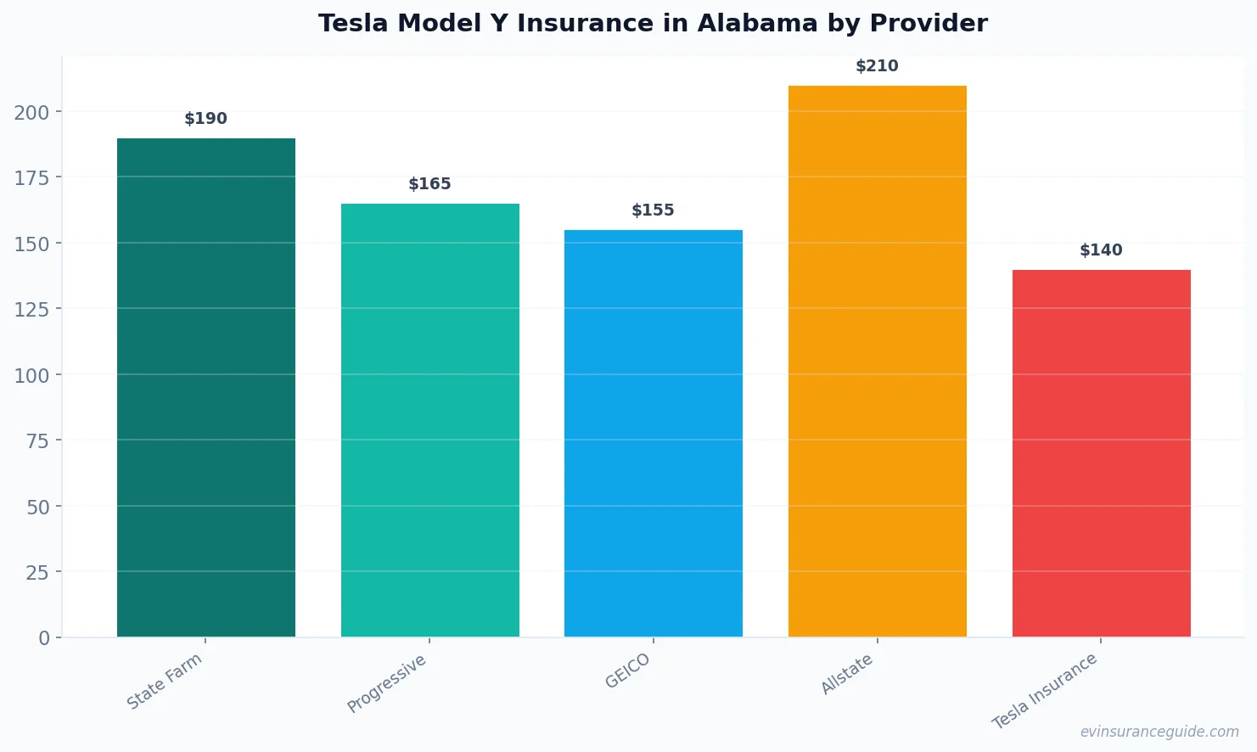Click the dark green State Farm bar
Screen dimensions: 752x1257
coord(206,387)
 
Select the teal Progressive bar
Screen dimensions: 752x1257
coord(430,420)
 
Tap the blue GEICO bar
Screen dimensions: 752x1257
coord(654,433)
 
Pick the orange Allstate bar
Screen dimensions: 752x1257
coord(878,361)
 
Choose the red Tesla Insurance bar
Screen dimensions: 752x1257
coord(1101,453)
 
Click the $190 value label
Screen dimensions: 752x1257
coord(206,119)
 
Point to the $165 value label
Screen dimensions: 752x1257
coord(430,184)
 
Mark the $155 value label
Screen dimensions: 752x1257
coord(654,210)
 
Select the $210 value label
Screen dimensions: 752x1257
coord(878,66)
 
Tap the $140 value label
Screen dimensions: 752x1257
coord(1101,250)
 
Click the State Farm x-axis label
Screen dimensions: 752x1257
coord(165,681)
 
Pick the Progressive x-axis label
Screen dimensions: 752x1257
coord(387,683)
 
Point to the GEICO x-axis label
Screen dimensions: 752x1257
coord(628,671)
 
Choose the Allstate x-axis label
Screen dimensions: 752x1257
coord(847,675)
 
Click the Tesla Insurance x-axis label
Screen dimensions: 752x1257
coord(1046,691)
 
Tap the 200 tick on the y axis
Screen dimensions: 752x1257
coord(31,112)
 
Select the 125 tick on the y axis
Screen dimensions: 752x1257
coord(31,309)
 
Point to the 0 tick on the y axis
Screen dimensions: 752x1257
coord(44,638)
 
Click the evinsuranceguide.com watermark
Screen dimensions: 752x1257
coord(1159,732)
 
